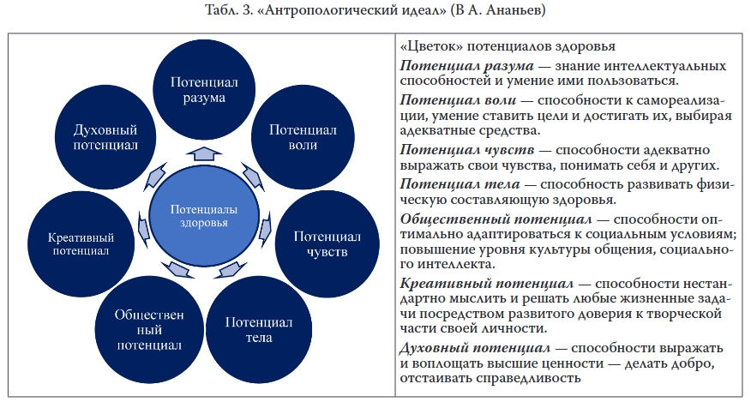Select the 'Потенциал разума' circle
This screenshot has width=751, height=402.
(203, 89)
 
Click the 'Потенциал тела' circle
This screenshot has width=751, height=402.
(259, 329)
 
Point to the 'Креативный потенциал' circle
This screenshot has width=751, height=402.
(78, 243)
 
